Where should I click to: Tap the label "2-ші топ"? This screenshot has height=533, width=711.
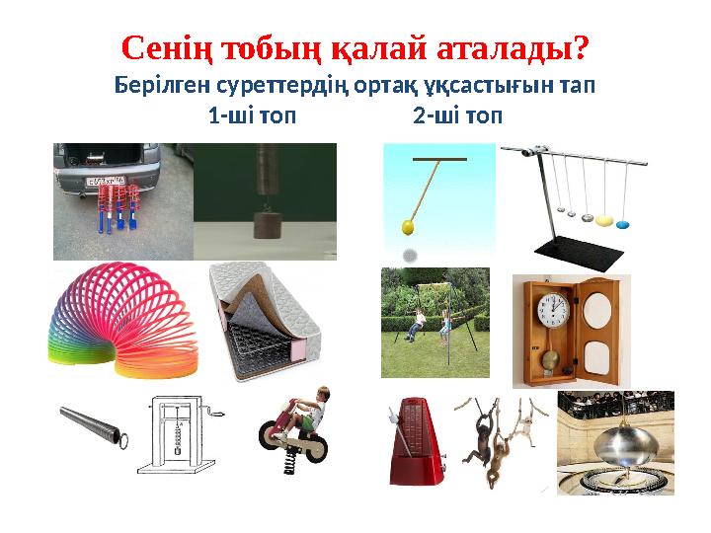pyautogui.click(x=457, y=116)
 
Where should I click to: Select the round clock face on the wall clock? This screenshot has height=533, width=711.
pyautogui.click(x=553, y=313)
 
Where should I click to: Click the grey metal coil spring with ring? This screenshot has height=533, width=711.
pyautogui.click(x=94, y=426)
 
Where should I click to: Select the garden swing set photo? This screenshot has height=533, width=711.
pyautogui.click(x=434, y=323)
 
